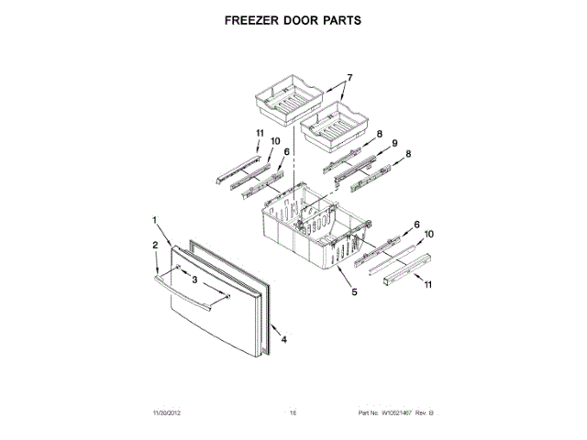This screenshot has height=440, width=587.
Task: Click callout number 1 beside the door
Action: coord(155,220)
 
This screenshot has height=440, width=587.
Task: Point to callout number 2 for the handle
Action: coord(154,245)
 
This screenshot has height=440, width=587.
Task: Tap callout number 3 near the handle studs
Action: coord(194,280)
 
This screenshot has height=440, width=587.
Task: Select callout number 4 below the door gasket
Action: coord(284,339)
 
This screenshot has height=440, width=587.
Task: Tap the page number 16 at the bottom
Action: coord(293,415)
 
